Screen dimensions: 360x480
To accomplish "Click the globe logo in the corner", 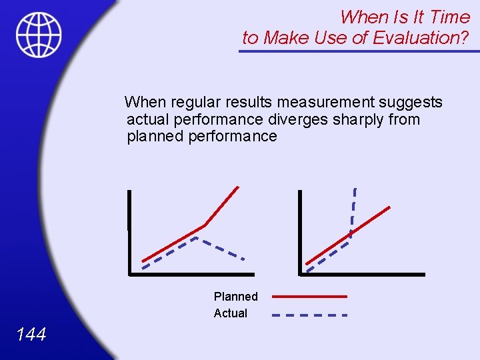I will tap(39, 34).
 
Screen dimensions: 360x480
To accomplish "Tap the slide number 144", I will tap(31, 334).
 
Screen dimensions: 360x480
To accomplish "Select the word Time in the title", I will tap(451, 16).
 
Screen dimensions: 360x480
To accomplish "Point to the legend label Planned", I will tap(235, 296).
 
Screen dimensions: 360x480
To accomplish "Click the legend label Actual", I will tap(230, 313).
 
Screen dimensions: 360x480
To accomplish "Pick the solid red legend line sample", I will tap(310, 296).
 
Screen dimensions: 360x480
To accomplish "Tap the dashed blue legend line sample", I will tap(310, 314).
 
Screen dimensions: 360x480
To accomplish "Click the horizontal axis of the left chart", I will tap(192, 273).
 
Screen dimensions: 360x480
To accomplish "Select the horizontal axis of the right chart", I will tap(363, 274).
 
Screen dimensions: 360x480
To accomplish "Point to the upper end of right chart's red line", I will tap(389, 207).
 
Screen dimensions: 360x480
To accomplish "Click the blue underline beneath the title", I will tap(359, 51).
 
